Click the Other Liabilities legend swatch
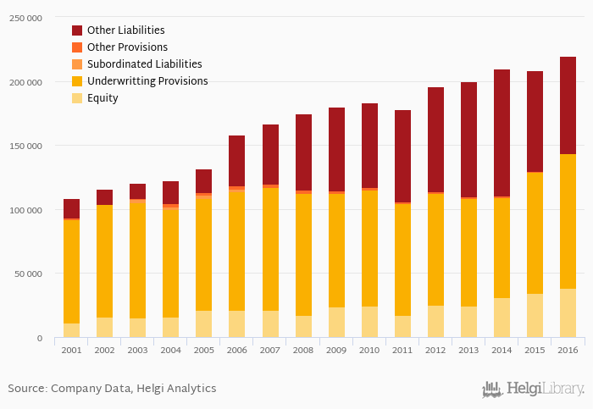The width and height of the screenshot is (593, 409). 77,30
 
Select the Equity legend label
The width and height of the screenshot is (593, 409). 103,98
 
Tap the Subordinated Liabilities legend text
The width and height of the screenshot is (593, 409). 144,64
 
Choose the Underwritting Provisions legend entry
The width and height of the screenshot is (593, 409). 147,81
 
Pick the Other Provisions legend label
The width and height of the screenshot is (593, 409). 127,47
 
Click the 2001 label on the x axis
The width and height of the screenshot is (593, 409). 71,350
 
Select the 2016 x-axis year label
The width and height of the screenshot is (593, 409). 568,350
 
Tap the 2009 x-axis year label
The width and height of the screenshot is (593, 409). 336,350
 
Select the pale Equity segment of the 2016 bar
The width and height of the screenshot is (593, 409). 568,313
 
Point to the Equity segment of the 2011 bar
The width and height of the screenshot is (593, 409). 402,327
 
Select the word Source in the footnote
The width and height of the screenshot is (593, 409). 26,389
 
